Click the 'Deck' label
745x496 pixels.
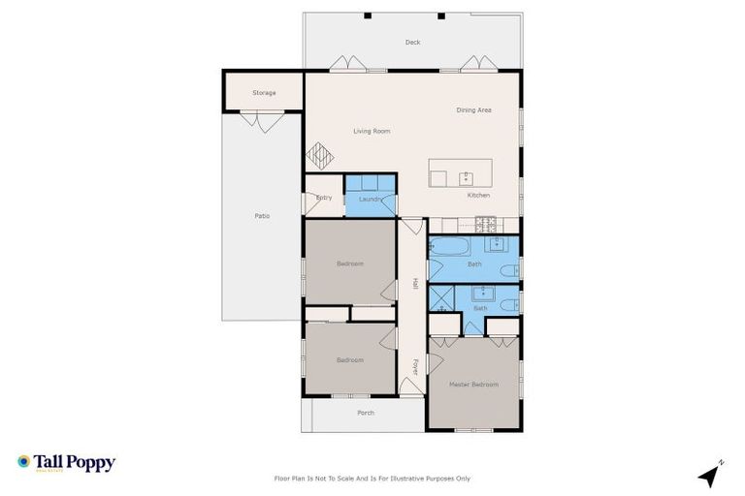(412, 43)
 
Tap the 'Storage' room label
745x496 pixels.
(264, 93)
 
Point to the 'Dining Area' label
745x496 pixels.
(473, 110)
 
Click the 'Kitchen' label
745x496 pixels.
(478, 196)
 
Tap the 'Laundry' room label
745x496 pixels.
(370, 199)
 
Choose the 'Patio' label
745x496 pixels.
(262, 215)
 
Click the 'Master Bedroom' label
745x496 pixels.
(473, 385)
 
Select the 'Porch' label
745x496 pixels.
(366, 413)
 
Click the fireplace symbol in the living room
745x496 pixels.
(320, 156)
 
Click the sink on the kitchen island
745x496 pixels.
(467, 177)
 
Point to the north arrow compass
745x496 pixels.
(711, 475)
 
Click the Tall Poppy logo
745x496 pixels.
(66, 463)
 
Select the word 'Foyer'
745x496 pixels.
(414, 368)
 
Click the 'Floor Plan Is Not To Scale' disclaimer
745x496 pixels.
(372, 479)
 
